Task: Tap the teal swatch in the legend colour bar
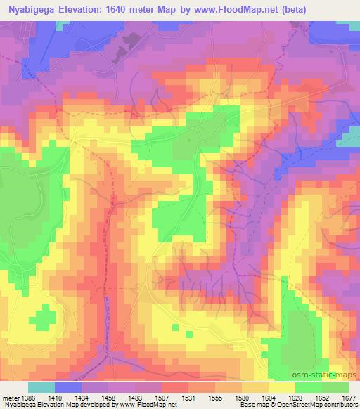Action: [41, 387]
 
